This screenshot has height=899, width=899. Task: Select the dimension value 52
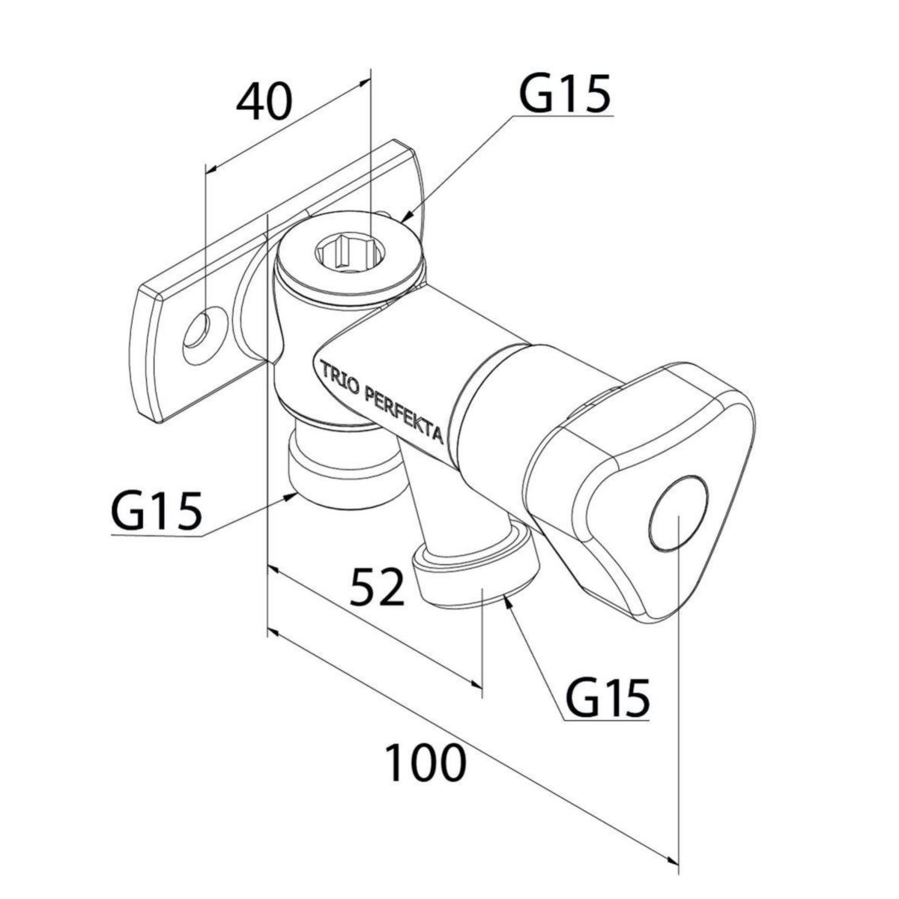click(378, 587)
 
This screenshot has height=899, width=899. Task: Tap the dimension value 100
click(426, 763)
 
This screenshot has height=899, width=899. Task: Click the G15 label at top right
click(566, 94)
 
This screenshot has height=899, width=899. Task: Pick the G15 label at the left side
click(157, 512)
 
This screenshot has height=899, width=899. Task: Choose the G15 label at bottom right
click(607, 698)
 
